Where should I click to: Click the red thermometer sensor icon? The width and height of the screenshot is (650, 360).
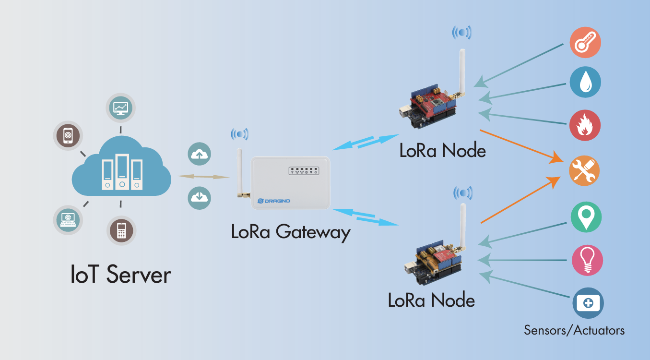click(585, 42)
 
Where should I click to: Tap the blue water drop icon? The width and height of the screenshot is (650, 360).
click(585, 83)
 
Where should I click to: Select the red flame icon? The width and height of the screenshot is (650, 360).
click(585, 125)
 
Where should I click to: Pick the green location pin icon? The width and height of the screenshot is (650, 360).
click(586, 217)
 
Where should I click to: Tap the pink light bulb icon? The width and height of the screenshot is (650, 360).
click(587, 261)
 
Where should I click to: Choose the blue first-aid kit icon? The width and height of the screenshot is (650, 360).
click(588, 303)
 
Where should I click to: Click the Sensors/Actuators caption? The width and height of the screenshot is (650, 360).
click(574, 330)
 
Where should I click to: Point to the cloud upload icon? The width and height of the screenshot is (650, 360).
click(200, 154)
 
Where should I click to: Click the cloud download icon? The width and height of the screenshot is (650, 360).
click(200, 197)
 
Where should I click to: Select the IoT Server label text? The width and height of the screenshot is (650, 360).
click(120, 275)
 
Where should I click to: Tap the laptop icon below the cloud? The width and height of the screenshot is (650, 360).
click(68, 220)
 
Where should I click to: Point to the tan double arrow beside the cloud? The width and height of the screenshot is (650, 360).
click(203, 177)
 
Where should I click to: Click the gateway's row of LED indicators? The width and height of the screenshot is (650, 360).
click(303, 170)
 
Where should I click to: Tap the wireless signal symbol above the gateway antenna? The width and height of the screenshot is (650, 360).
click(239, 134)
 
